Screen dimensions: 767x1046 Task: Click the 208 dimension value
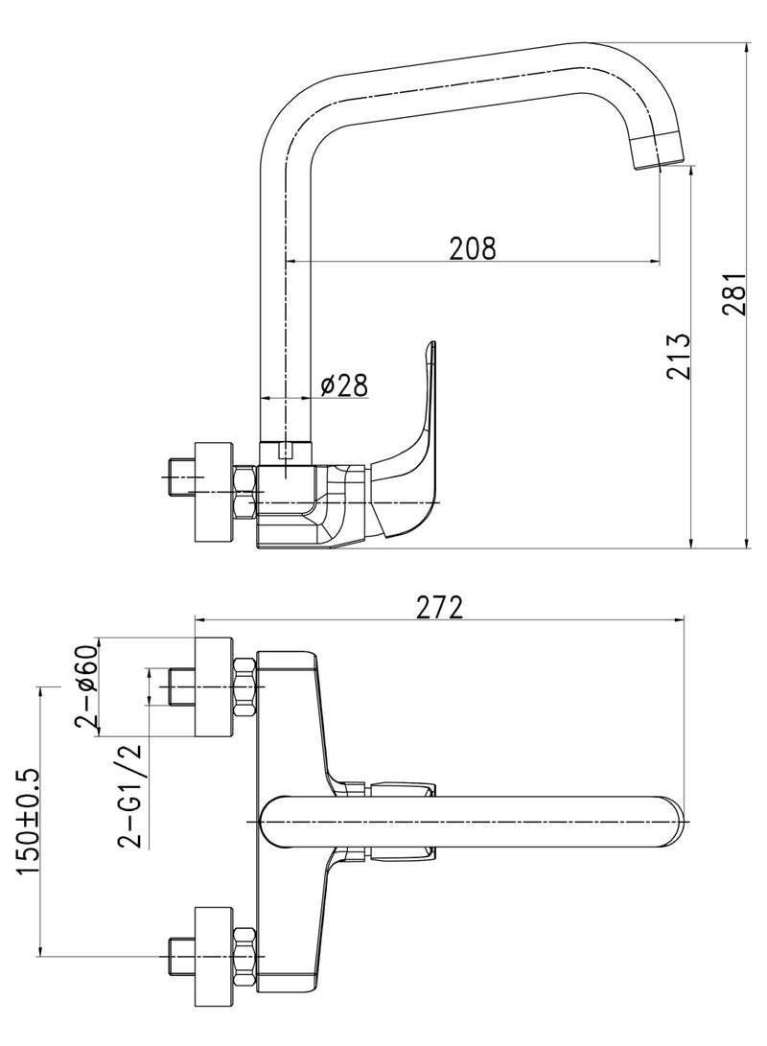tap(473, 247)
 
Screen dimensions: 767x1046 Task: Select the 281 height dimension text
tap(735, 292)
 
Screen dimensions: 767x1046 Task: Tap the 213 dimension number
tap(678, 357)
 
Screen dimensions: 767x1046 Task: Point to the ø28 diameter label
tap(343, 384)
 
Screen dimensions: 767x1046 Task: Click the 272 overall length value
tap(439, 607)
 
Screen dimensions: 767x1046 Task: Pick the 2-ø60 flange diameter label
tap(87, 686)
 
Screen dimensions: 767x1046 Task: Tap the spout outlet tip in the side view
tap(659, 151)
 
